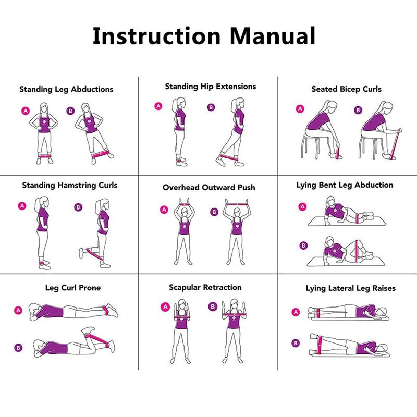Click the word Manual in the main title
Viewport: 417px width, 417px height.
272,36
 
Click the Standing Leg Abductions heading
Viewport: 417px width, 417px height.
66,89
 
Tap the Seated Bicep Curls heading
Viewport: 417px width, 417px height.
346,89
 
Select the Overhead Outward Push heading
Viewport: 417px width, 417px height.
208,187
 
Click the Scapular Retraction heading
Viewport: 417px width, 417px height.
205,287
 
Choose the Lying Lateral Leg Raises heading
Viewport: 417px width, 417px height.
350,288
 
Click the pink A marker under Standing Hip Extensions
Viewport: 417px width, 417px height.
158,106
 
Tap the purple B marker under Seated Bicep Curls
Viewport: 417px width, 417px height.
358,110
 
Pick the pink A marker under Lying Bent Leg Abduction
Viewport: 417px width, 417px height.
302,206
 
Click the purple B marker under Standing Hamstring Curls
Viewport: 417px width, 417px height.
78,207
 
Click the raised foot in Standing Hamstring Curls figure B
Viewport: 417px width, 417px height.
82,253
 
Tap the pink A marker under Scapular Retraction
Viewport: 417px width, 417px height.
165,306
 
